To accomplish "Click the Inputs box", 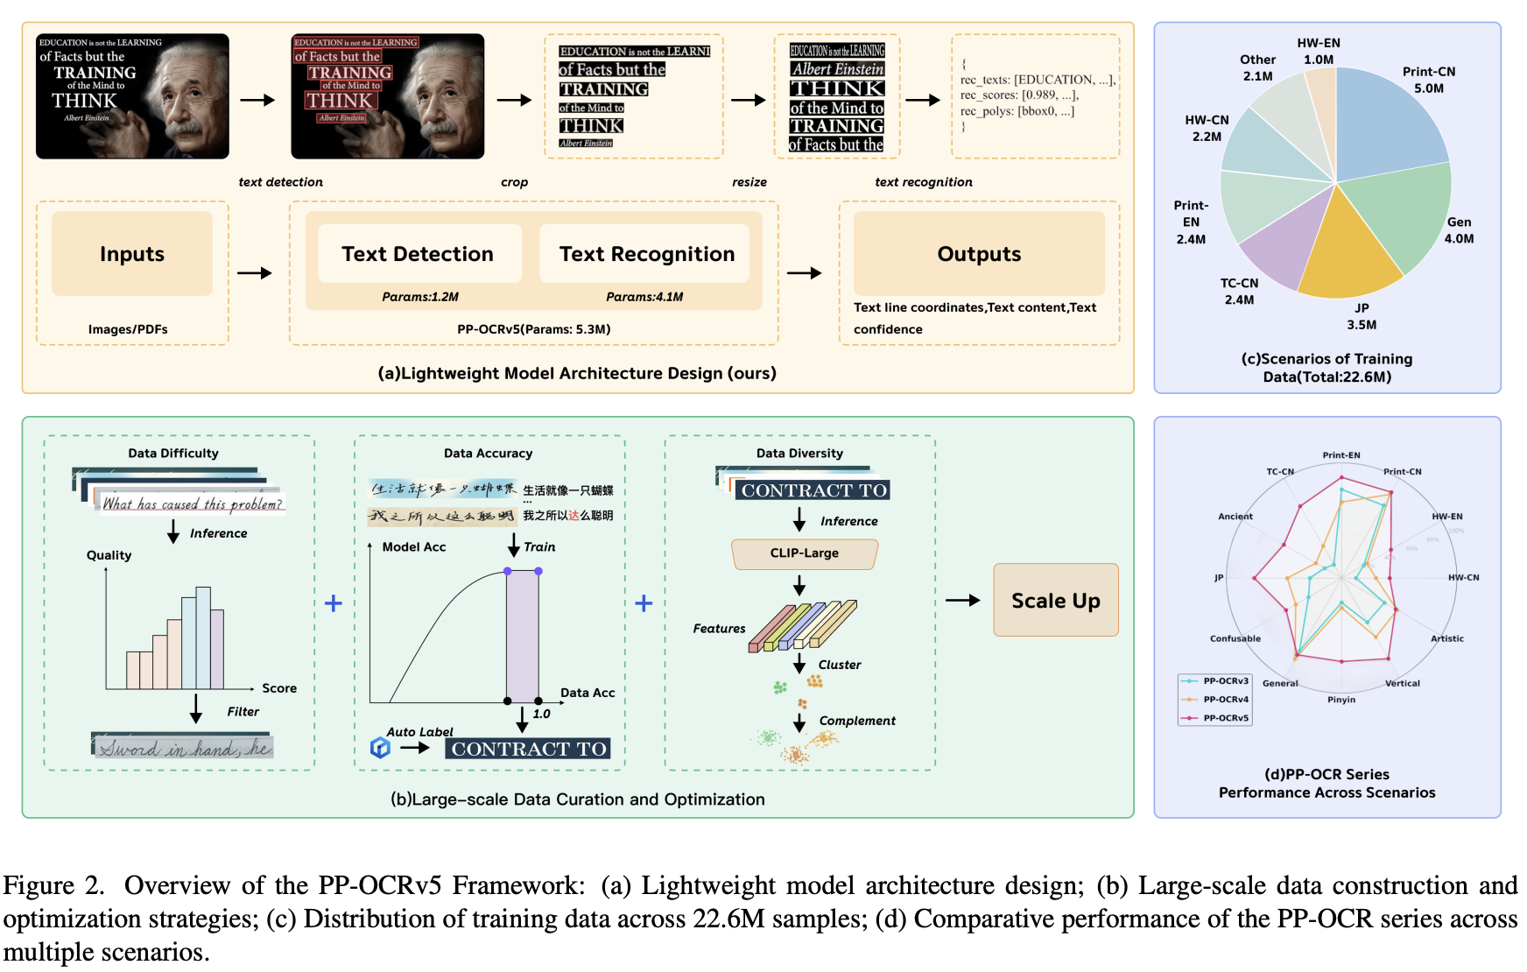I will pos(131,254).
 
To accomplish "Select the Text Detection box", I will pos(419,254).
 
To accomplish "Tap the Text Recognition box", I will pos(646,254).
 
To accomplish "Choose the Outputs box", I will pos(979,254).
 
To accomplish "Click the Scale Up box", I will pos(1055,601).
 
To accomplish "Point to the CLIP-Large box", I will pos(804,553).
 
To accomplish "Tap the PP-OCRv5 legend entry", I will pos(1225,718).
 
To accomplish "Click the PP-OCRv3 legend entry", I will pos(1225,680).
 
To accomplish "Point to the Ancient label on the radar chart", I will pos(1235,517).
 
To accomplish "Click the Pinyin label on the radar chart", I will pos(1341,700).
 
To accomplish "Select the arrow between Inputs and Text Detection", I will pos(255,273).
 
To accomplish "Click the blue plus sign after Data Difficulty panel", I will pos(334,603).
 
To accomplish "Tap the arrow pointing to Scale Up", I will pos(963,601).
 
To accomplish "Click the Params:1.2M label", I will pos(420,297).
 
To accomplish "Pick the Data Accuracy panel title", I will pos(488,454).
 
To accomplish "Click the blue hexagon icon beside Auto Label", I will pos(380,747).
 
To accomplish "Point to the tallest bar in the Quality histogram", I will pos(203,637).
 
